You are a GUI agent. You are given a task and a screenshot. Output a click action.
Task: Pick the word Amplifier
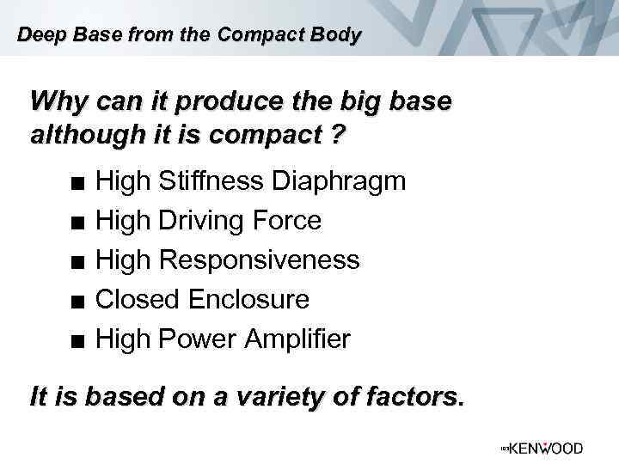(297, 339)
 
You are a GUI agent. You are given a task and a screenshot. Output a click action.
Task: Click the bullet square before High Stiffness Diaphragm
(78, 183)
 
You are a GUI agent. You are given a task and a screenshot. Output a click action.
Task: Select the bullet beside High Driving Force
(78, 223)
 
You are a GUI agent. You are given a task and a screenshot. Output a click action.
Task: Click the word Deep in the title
(36, 35)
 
